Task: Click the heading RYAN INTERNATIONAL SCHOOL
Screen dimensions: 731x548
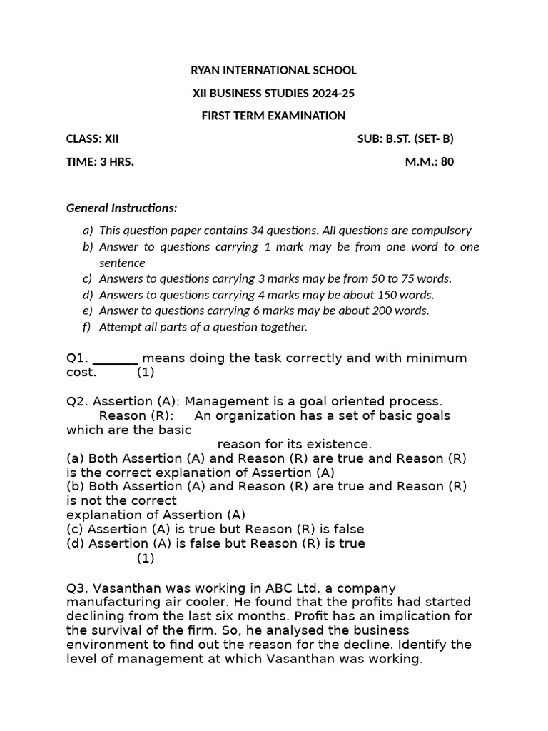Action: [273, 70]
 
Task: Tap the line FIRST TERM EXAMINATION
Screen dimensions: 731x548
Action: [273, 116]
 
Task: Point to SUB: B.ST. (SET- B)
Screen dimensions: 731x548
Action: [405, 138]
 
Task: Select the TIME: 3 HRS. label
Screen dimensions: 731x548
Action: [100, 161]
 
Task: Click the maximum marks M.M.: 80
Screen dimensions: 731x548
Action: [430, 161]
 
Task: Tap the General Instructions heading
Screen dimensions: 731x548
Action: [122, 208]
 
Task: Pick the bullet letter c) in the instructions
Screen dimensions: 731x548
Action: [87, 278]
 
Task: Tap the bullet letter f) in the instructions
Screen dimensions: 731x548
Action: [87, 327]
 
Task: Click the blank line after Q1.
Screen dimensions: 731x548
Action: [116, 359]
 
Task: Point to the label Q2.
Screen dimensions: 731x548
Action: [77, 402]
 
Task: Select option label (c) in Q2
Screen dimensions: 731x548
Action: [75, 530]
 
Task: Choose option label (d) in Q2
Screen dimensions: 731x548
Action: [75, 544]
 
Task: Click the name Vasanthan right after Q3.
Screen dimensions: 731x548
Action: [125, 589]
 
